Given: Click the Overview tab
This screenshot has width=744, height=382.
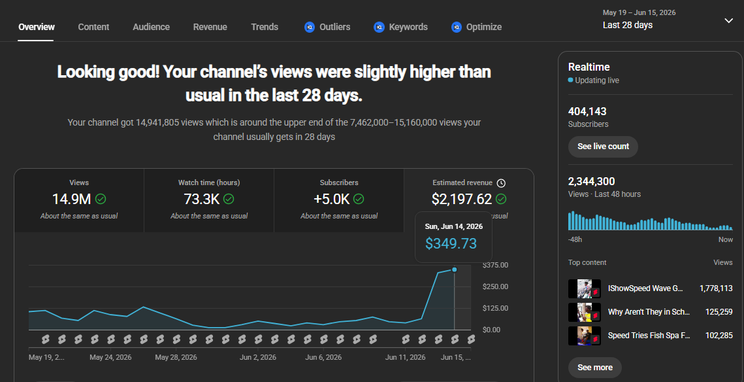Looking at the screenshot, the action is click(x=37, y=27).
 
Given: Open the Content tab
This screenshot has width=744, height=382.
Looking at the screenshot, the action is click(x=93, y=27).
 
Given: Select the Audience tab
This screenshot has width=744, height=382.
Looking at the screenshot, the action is click(x=151, y=27).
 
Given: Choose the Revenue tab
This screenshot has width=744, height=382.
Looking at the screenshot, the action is click(x=210, y=27).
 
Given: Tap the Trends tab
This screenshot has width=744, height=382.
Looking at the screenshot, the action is click(x=265, y=27).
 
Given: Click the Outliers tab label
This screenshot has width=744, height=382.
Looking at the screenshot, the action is click(x=334, y=27).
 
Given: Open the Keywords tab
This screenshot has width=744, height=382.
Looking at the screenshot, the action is click(x=408, y=27).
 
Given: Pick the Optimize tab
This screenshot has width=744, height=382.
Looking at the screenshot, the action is click(x=483, y=27).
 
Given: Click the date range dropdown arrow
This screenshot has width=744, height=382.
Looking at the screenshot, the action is click(x=729, y=20).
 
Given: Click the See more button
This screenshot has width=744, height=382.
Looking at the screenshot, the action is click(x=594, y=367).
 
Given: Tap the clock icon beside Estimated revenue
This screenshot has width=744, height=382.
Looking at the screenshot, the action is click(x=501, y=183).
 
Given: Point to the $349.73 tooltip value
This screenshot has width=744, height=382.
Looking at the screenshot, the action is click(x=451, y=243).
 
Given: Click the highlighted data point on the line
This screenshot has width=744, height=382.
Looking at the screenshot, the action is click(x=455, y=270).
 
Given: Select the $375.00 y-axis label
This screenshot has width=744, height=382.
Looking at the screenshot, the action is click(x=495, y=265).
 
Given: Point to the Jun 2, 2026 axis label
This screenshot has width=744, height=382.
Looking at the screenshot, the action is click(x=257, y=357).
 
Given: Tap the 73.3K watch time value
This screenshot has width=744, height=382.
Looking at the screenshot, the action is click(x=201, y=199).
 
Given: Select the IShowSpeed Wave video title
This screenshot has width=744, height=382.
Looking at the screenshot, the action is click(x=645, y=288).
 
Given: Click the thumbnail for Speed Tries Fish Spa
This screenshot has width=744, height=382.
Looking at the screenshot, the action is click(x=585, y=336).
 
